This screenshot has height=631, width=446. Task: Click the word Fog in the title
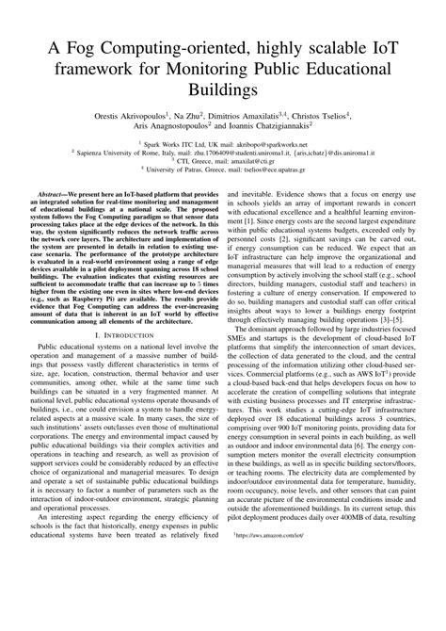(x=84, y=50)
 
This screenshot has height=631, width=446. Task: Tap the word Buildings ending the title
(x=222, y=91)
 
